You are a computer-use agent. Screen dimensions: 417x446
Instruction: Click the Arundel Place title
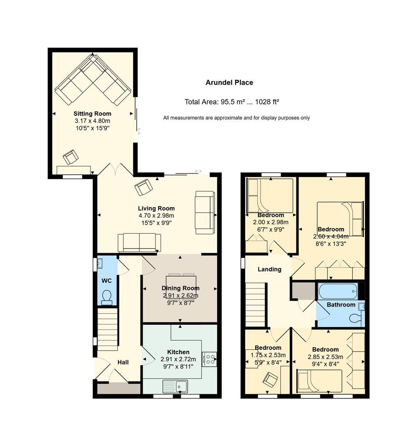229,83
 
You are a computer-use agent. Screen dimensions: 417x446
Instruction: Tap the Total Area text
232,102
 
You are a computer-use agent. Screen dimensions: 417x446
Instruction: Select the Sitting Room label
92,114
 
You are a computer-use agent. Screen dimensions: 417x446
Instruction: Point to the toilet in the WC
107,297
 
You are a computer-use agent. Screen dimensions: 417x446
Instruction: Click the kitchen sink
175,386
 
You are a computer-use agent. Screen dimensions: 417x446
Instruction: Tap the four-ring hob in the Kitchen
209,359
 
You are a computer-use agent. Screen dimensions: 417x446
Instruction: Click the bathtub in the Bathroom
338,291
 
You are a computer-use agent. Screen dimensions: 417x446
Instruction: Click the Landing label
269,269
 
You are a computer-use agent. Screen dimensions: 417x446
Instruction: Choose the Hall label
123,362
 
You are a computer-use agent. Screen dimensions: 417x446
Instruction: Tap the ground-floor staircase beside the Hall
107,330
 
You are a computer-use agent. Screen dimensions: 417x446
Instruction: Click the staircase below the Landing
255,304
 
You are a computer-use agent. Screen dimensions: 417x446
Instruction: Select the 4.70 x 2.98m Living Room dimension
156,216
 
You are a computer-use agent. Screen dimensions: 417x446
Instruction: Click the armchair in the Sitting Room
70,157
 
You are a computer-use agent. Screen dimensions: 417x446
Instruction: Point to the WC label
107,281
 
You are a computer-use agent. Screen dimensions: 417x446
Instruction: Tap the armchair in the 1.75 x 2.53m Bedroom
270,380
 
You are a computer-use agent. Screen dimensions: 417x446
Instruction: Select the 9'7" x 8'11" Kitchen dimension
178,367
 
